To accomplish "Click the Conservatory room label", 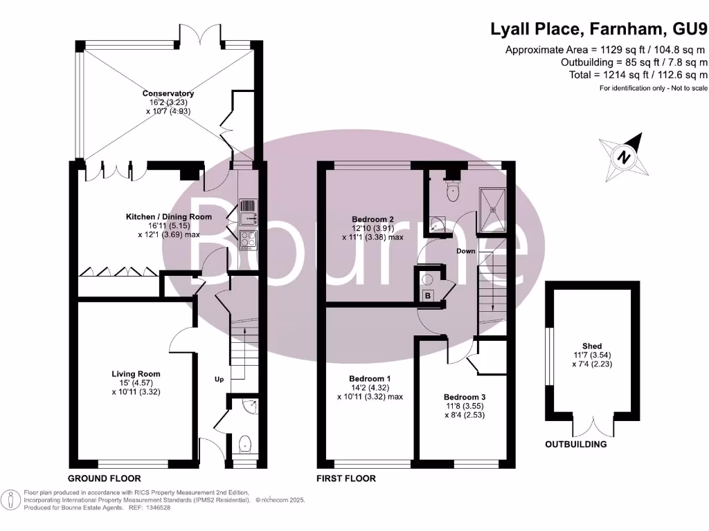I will point(168,93).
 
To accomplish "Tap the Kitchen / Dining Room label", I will point(168,216).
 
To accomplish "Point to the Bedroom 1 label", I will point(369,379).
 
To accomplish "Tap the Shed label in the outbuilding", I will point(592,346).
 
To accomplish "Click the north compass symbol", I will point(625,156).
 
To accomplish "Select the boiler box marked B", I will point(428,296).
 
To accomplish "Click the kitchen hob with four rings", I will point(247,240).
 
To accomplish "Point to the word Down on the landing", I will point(466,251).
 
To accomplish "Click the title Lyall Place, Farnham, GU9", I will point(599,29).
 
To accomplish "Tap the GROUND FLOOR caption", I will point(104,478).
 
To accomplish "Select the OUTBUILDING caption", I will point(575,444).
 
